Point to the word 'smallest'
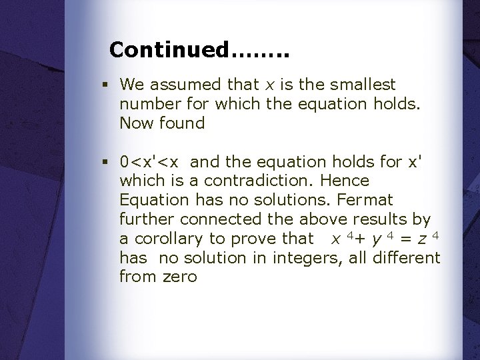click(x=363, y=85)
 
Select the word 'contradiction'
click(x=261, y=181)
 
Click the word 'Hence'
click(x=347, y=181)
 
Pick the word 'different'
click(x=407, y=257)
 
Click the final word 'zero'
click(x=180, y=277)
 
